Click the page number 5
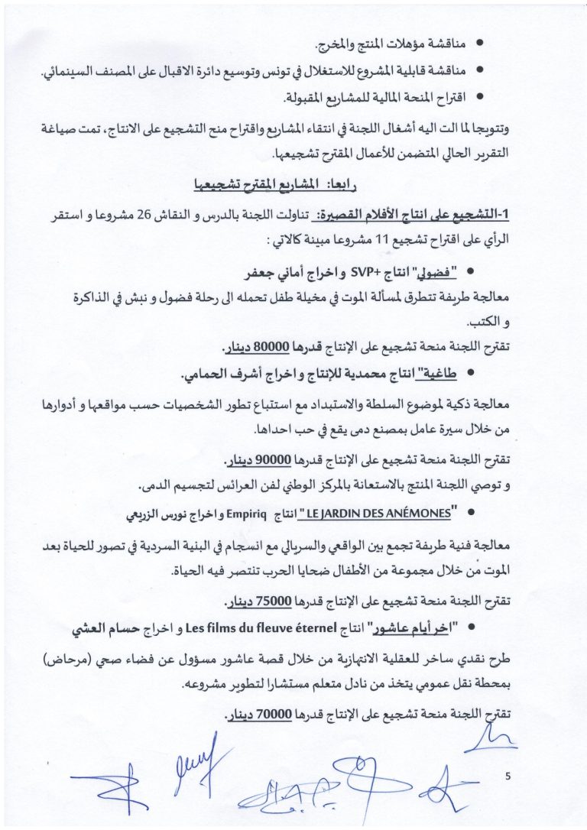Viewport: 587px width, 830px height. pos(508,776)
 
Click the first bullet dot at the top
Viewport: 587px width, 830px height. pos(480,44)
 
